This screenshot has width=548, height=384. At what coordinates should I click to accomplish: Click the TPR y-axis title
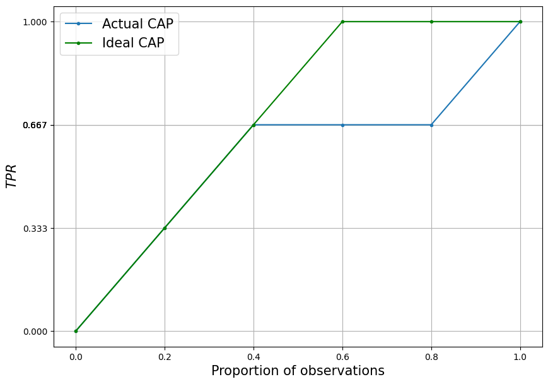[11, 176]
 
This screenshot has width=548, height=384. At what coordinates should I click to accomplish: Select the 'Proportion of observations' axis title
[298, 371]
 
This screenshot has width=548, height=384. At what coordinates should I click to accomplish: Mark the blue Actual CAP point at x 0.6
[342, 125]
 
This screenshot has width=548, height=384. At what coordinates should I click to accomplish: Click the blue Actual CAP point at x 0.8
[431, 125]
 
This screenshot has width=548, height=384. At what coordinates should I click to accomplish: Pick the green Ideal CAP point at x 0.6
[342, 21]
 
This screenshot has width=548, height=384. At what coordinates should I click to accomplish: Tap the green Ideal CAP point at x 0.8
[431, 21]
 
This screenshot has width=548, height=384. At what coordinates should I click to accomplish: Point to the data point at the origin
[76, 331]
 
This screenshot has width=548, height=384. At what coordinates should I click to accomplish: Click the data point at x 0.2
[165, 228]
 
